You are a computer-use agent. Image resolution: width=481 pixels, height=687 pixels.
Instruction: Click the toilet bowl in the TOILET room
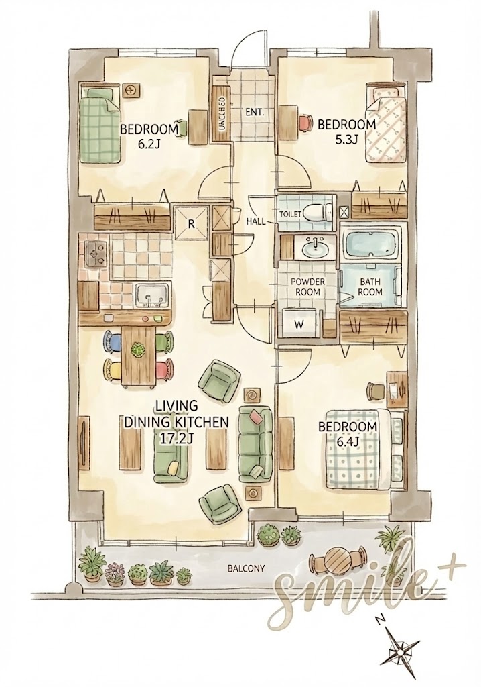[318, 213]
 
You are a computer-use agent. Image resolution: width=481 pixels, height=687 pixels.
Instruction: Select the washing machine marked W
[300, 324]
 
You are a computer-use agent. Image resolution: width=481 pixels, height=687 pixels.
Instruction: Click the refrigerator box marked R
[191, 222]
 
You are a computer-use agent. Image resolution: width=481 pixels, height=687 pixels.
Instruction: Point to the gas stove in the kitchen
[96, 253]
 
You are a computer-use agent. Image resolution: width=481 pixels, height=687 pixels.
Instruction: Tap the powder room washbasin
[315, 248]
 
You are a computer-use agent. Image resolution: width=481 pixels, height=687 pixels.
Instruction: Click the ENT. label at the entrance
[255, 112]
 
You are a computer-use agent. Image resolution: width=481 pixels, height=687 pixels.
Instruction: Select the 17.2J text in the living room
[176, 439]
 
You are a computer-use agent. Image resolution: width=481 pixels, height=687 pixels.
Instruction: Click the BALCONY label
[246, 569]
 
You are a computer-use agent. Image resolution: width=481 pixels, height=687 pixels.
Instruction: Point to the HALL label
[256, 221]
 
